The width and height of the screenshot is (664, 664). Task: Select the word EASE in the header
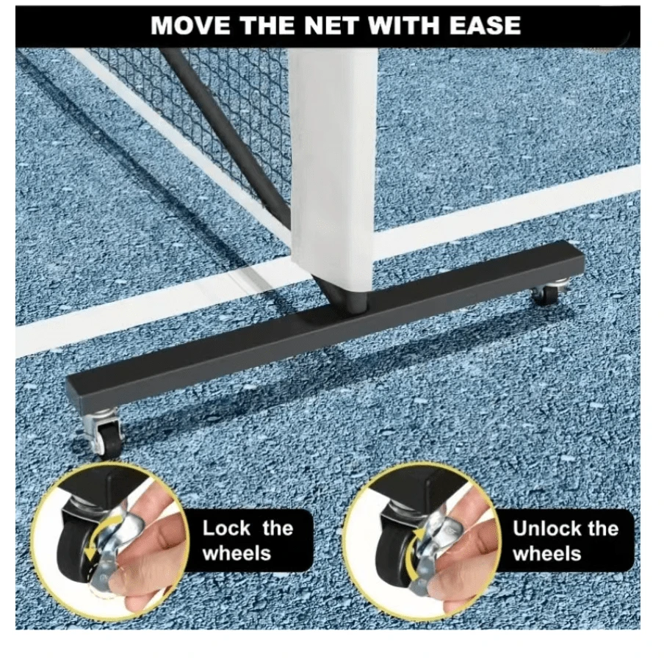coord(480,25)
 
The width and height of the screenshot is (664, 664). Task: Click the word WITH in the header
coord(401,25)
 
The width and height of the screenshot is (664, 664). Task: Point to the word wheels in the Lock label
coord(237,552)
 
